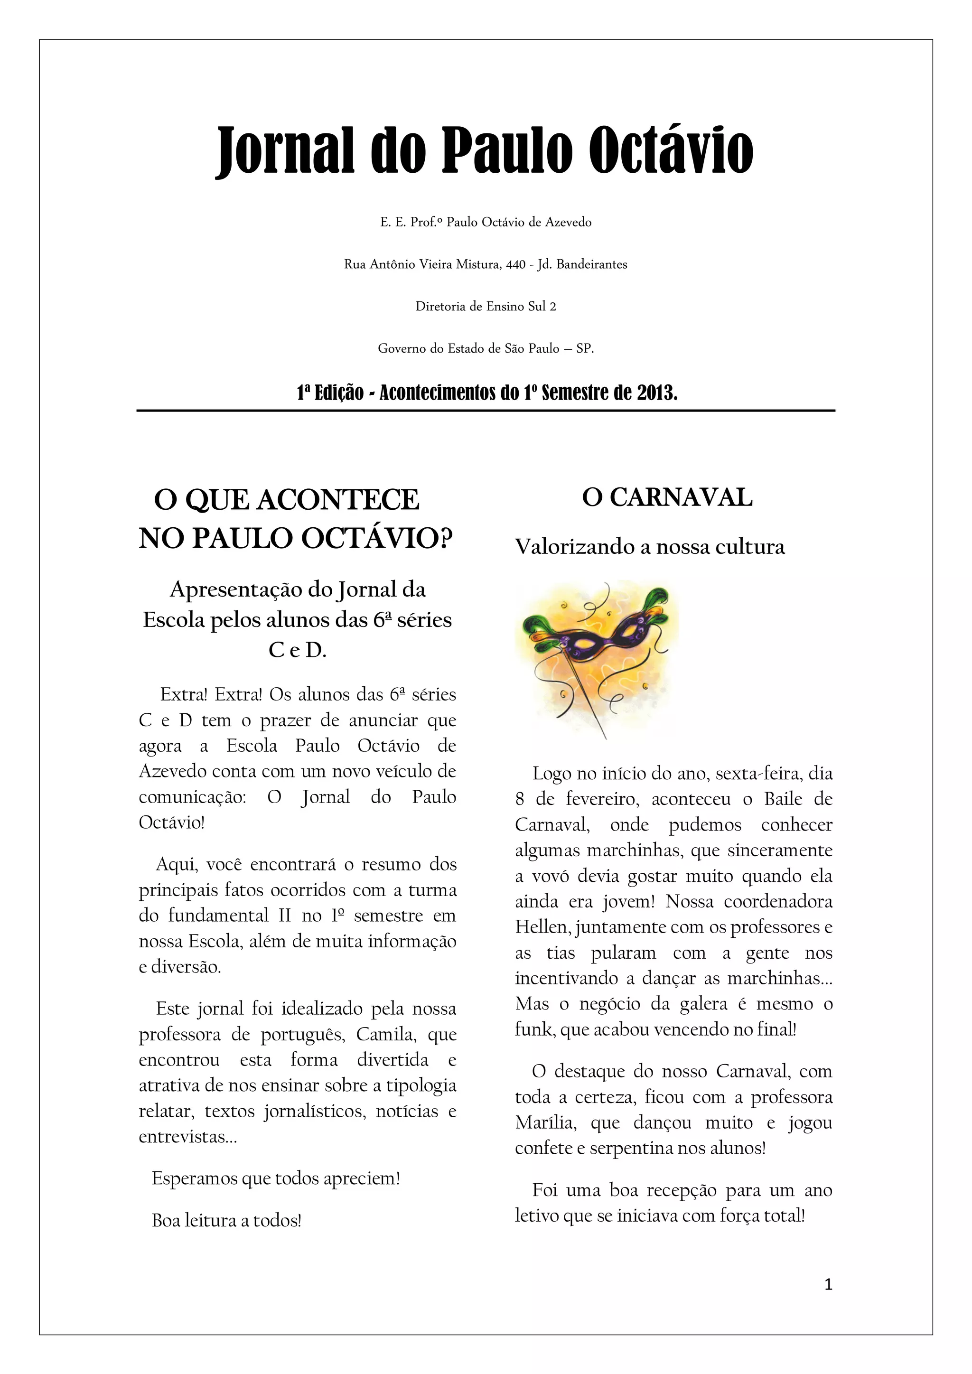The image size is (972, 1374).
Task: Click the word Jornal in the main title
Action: tap(287, 150)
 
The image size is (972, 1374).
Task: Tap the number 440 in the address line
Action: tap(515, 264)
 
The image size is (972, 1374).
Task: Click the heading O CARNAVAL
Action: tap(667, 498)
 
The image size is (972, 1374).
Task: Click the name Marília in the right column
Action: tap(545, 1122)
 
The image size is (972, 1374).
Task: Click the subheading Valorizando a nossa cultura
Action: tap(649, 547)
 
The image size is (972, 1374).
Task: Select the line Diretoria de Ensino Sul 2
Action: tap(486, 307)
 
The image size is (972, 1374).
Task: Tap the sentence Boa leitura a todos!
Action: tap(226, 1220)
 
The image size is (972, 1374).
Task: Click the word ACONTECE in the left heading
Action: tap(337, 500)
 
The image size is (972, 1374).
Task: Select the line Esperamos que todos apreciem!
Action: tap(275, 1178)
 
